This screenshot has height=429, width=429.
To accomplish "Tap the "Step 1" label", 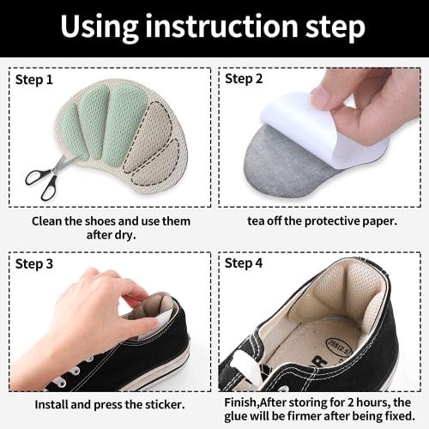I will coord(35,79).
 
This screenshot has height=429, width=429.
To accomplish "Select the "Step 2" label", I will coord(245,79).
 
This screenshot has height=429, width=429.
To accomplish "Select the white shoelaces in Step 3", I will coord(64,378).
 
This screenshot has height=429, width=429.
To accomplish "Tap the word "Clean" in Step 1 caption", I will coord(50,221).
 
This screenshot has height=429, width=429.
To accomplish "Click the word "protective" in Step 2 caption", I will coord(330,221).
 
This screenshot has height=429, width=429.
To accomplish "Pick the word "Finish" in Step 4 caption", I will coord(243,400).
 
